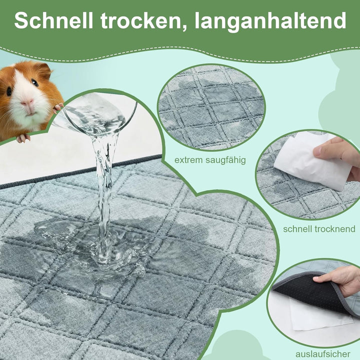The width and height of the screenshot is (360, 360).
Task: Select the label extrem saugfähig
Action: [210, 160]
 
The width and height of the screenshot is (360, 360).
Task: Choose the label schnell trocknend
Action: [319, 229]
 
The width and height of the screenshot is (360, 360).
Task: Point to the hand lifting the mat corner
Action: [340, 280]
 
